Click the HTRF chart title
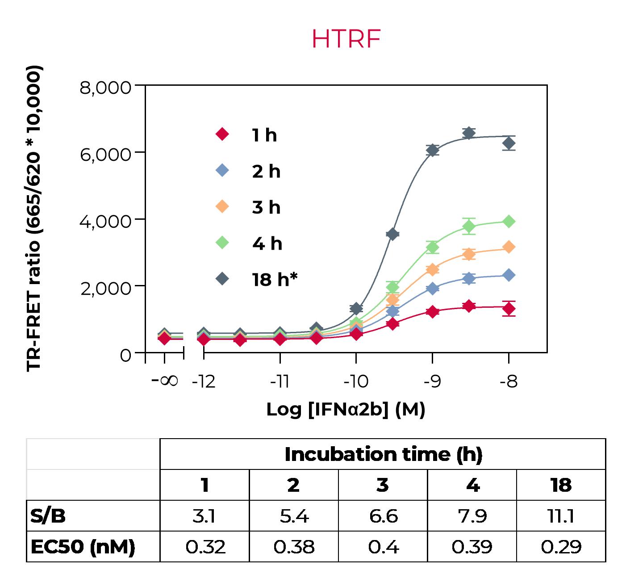pos(346,39)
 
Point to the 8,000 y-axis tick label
pos(105,88)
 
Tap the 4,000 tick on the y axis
pos(105,221)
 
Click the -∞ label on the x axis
pos(165,381)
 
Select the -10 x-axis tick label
pos(356,381)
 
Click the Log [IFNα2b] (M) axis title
pos(346,409)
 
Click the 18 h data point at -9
pos(432,150)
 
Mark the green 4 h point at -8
pos(509,221)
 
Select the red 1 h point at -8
pos(509,308)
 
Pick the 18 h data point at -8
pos(509,143)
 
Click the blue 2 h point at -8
pos(509,275)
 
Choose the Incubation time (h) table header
pos(383,454)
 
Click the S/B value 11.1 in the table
pos(561,516)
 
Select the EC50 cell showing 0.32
pos(205,547)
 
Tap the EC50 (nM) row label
pos(83,547)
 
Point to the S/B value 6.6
pos(383,516)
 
